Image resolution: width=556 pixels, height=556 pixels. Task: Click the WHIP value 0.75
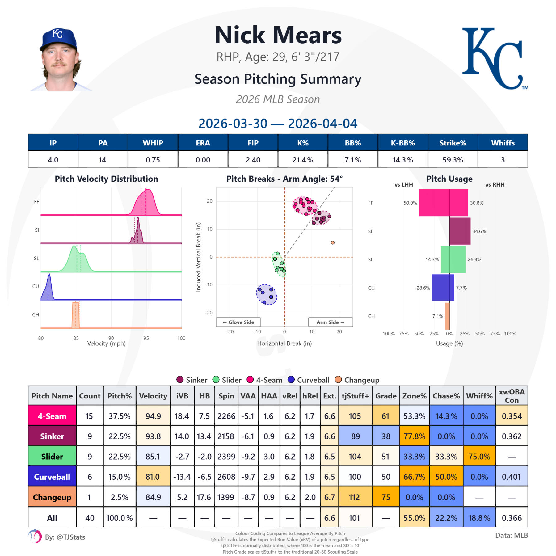pos(153,160)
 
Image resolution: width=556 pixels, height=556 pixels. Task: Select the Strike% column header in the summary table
pos(453,143)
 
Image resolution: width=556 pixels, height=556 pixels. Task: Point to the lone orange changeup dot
pos(332,242)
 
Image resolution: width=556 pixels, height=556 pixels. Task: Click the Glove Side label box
pos(238,322)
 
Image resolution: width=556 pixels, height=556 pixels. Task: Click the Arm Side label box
pos(330,322)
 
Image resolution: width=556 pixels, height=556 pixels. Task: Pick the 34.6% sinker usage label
pos(479,231)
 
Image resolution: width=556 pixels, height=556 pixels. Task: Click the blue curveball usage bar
pos(443,288)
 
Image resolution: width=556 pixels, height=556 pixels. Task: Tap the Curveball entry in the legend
pos(309,380)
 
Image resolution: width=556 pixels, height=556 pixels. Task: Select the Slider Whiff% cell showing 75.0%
pos(479,457)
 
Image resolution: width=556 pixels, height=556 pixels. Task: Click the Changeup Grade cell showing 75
pos(386,497)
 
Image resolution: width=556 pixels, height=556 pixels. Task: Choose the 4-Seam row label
pos(52,416)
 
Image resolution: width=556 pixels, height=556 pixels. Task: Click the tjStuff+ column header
pos(355,396)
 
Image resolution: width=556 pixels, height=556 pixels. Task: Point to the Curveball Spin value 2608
pos(226,477)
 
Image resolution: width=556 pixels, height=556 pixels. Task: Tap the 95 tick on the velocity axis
pos(146,338)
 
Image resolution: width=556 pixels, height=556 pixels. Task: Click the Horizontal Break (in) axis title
pos(284,343)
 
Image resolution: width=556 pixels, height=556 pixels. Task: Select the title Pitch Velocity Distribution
pos(106,179)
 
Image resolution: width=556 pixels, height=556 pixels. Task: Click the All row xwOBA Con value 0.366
pos(512,518)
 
